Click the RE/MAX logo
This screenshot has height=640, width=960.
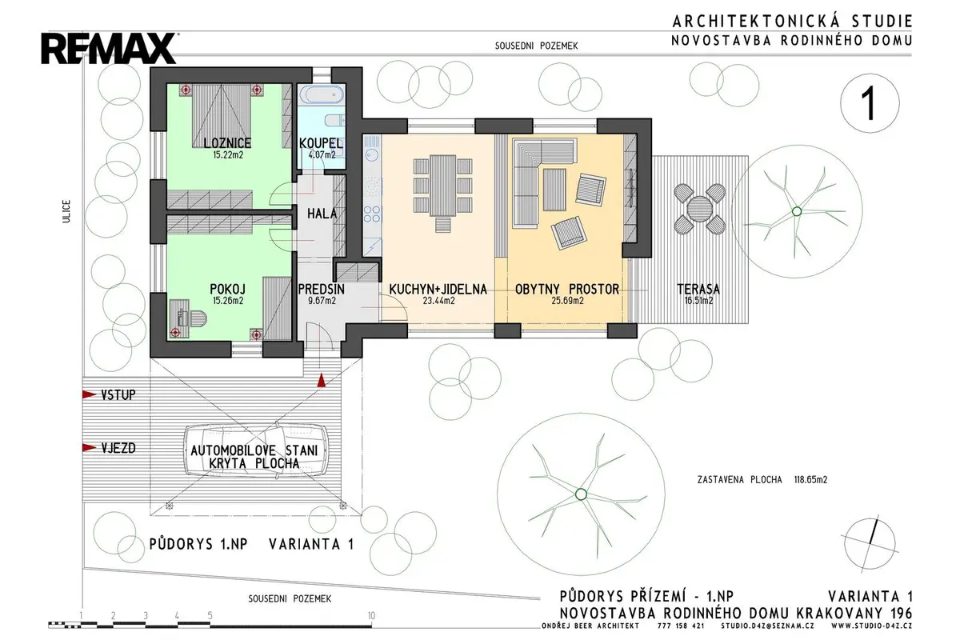109,49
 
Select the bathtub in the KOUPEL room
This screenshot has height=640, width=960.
322,95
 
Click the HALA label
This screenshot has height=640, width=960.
322,214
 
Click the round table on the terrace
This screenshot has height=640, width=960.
699,209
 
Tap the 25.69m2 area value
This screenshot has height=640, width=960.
567,301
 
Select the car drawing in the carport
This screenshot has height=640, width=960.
255,450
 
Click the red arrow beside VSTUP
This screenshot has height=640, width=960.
89,394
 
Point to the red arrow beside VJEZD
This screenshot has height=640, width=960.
89,448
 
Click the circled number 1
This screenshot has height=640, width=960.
870,103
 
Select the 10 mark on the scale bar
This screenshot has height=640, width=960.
371,615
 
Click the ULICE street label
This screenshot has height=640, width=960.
66,211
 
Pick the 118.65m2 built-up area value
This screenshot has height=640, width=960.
811,480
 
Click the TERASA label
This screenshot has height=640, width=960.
698,289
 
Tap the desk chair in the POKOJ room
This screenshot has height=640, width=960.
198,319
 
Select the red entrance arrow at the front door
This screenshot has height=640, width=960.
321,381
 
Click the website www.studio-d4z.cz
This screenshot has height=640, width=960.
872,626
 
